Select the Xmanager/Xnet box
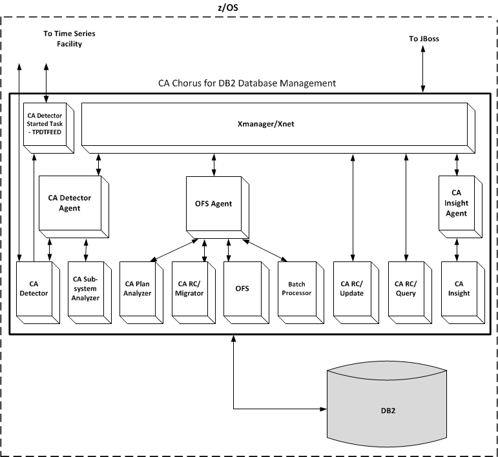pyautogui.click(x=275, y=124)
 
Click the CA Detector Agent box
pyautogui.click(x=70, y=203)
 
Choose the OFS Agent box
pyautogui.click(x=214, y=204)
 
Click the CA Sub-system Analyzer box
pyautogui.click(x=85, y=289)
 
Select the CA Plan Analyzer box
pyautogui.click(x=137, y=289)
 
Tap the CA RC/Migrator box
pyautogui.click(x=190, y=289)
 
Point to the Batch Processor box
pyautogui.click(x=296, y=289)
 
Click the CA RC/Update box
pyautogui.click(x=352, y=289)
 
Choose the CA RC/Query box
pyautogui.click(x=406, y=289)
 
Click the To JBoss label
pyautogui.click(x=424, y=39)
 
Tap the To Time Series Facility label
pyautogui.click(x=63, y=39)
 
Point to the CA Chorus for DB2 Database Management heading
pyautogui.click(x=247, y=83)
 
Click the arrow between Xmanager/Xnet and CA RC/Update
pyautogui.click(x=353, y=207)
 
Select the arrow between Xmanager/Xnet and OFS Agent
pyautogui.click(x=214, y=164)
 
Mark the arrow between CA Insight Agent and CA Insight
pyautogui.click(x=457, y=248)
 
